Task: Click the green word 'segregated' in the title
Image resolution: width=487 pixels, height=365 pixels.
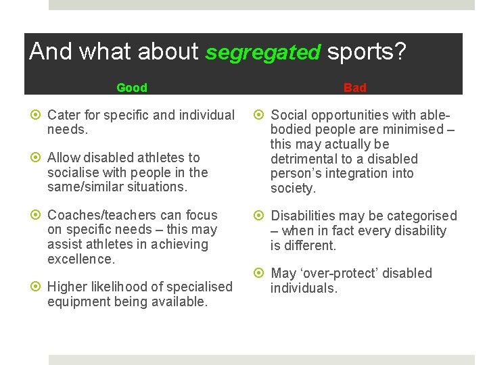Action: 262,52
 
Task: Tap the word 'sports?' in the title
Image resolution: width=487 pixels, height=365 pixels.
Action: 367,51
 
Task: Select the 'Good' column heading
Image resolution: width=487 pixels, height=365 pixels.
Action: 131,88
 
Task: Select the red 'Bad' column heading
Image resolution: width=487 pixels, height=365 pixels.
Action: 354,88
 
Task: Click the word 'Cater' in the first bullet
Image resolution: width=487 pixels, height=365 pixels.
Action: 64,116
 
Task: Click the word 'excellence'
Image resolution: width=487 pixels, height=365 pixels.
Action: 81,259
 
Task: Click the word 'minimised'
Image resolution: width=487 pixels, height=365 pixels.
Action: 416,130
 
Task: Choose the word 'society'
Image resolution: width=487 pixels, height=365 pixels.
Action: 292,189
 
